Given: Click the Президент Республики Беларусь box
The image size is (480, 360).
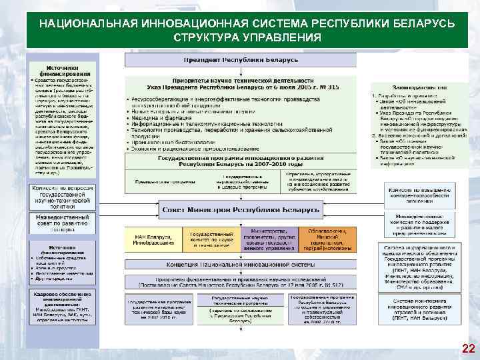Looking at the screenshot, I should click(241, 60).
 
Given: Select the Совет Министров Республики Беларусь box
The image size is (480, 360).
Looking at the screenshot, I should click(240, 211).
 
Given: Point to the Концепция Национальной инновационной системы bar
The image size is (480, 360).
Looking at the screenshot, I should click(240, 265).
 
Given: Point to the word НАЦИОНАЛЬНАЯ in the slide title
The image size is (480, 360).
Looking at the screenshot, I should click(87, 23).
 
